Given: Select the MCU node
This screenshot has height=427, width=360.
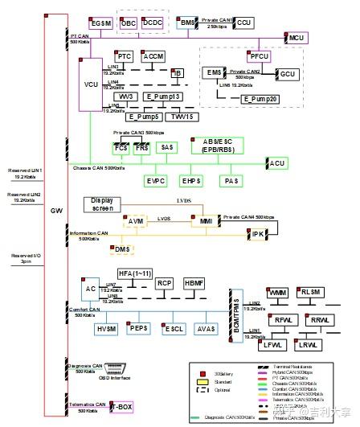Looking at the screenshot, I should click(297, 38).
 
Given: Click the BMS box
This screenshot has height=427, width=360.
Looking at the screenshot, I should click(186, 23).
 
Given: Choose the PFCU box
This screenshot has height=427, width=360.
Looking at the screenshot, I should click(259, 57).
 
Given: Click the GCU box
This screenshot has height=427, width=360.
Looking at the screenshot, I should click(287, 74).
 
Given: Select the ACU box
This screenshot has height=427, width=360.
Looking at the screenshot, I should click(277, 163).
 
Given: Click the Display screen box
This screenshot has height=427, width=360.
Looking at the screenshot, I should click(104, 202).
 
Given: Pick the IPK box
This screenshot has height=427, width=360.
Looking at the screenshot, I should click(259, 234).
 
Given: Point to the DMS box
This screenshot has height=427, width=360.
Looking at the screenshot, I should click(122, 250).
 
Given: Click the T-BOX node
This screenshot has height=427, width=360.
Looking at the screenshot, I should click(122, 408).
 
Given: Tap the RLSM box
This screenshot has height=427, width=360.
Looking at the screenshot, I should click(309, 292).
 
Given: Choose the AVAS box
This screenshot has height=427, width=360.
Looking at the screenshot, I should click(207, 330).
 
